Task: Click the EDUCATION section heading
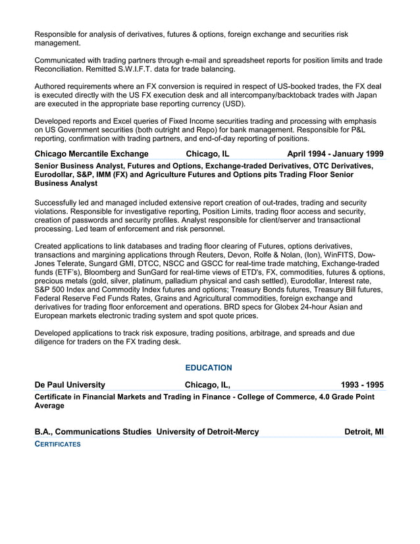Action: tap(208, 367)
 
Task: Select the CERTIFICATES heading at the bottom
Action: tap(57, 445)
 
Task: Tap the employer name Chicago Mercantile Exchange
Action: tap(92, 154)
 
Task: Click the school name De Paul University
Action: tap(69, 385)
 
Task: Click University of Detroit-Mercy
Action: tap(207, 432)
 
